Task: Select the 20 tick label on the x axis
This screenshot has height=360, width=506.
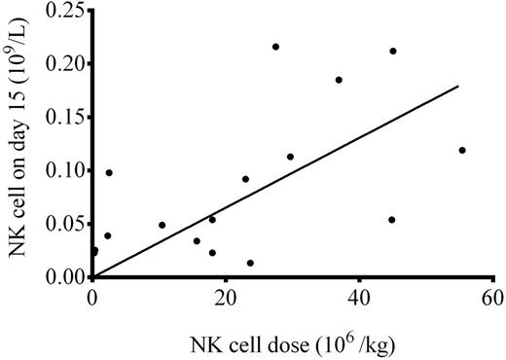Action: tap(227, 297)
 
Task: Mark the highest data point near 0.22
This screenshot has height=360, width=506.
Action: tap(275, 47)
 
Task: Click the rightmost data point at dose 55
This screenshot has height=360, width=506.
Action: tap(462, 150)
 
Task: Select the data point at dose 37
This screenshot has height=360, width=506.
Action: tap(339, 80)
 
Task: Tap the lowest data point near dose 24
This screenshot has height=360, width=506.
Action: tap(250, 263)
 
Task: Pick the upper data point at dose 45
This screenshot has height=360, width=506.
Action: tap(393, 51)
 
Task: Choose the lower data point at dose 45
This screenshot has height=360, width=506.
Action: tap(392, 220)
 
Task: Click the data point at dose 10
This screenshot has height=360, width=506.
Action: tap(162, 225)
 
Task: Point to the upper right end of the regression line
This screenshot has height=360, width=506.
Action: tap(458, 86)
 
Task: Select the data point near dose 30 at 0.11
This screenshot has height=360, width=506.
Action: tap(290, 157)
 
